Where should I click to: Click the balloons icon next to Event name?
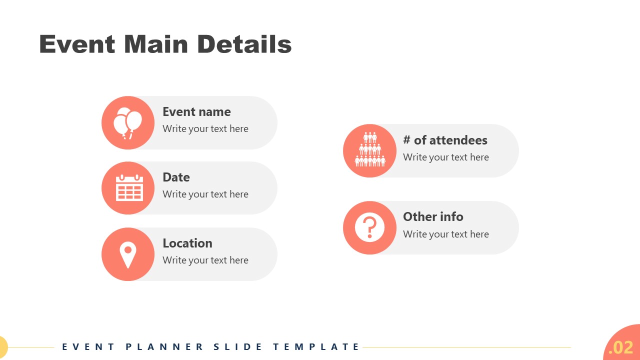128,122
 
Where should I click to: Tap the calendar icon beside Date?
129,188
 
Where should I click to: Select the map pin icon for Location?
128,254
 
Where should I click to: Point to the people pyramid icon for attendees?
370,150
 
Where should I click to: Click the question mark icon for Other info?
369,227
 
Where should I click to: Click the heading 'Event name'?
196,111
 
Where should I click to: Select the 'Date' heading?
176,177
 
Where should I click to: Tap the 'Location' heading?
187,243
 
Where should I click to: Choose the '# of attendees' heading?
445,140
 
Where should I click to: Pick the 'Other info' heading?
433,216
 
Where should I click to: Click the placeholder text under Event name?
205,128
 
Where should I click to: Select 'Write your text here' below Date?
205,194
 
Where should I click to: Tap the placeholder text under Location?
205,260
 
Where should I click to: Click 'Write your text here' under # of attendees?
445,157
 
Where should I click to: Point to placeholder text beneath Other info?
445,234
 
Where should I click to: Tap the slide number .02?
621,347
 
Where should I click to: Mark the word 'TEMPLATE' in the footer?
316,346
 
